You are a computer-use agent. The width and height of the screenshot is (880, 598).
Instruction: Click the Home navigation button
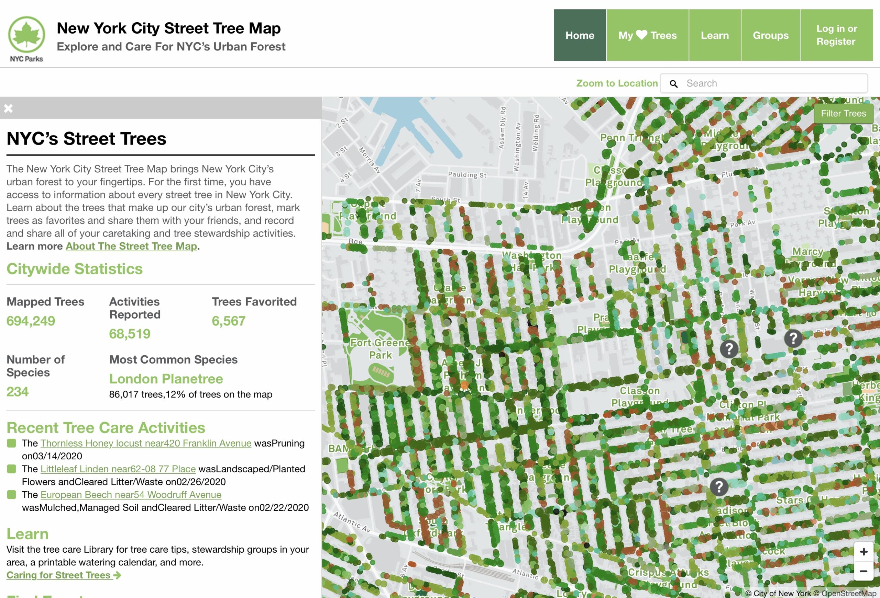579,35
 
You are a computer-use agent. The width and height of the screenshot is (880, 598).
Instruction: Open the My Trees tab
647,35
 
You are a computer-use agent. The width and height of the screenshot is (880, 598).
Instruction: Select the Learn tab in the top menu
715,35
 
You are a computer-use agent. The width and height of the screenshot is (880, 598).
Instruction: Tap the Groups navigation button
771,35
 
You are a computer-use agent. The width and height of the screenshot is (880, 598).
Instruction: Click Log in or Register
836,35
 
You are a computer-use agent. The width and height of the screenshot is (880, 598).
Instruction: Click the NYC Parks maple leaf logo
26,35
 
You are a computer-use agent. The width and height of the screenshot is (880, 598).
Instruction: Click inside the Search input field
772,83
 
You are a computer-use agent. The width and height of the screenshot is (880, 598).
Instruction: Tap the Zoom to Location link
616,83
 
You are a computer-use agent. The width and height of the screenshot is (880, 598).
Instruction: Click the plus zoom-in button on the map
863,552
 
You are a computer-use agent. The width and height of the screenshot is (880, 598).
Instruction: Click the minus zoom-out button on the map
863,571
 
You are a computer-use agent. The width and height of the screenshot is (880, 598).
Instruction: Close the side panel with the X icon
8,108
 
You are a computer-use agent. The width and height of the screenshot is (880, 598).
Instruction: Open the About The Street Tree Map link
131,246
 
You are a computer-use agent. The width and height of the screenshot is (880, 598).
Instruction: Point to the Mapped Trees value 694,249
31,321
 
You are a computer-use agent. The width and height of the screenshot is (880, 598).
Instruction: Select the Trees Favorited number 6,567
228,321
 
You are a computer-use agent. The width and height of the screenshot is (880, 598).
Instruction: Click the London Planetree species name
166,379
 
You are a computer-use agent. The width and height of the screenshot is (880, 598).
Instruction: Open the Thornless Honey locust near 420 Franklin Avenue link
146,443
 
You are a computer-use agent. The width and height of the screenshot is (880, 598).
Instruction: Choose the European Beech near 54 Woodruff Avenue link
131,495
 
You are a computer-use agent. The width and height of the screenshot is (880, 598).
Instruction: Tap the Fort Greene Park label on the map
380,348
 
